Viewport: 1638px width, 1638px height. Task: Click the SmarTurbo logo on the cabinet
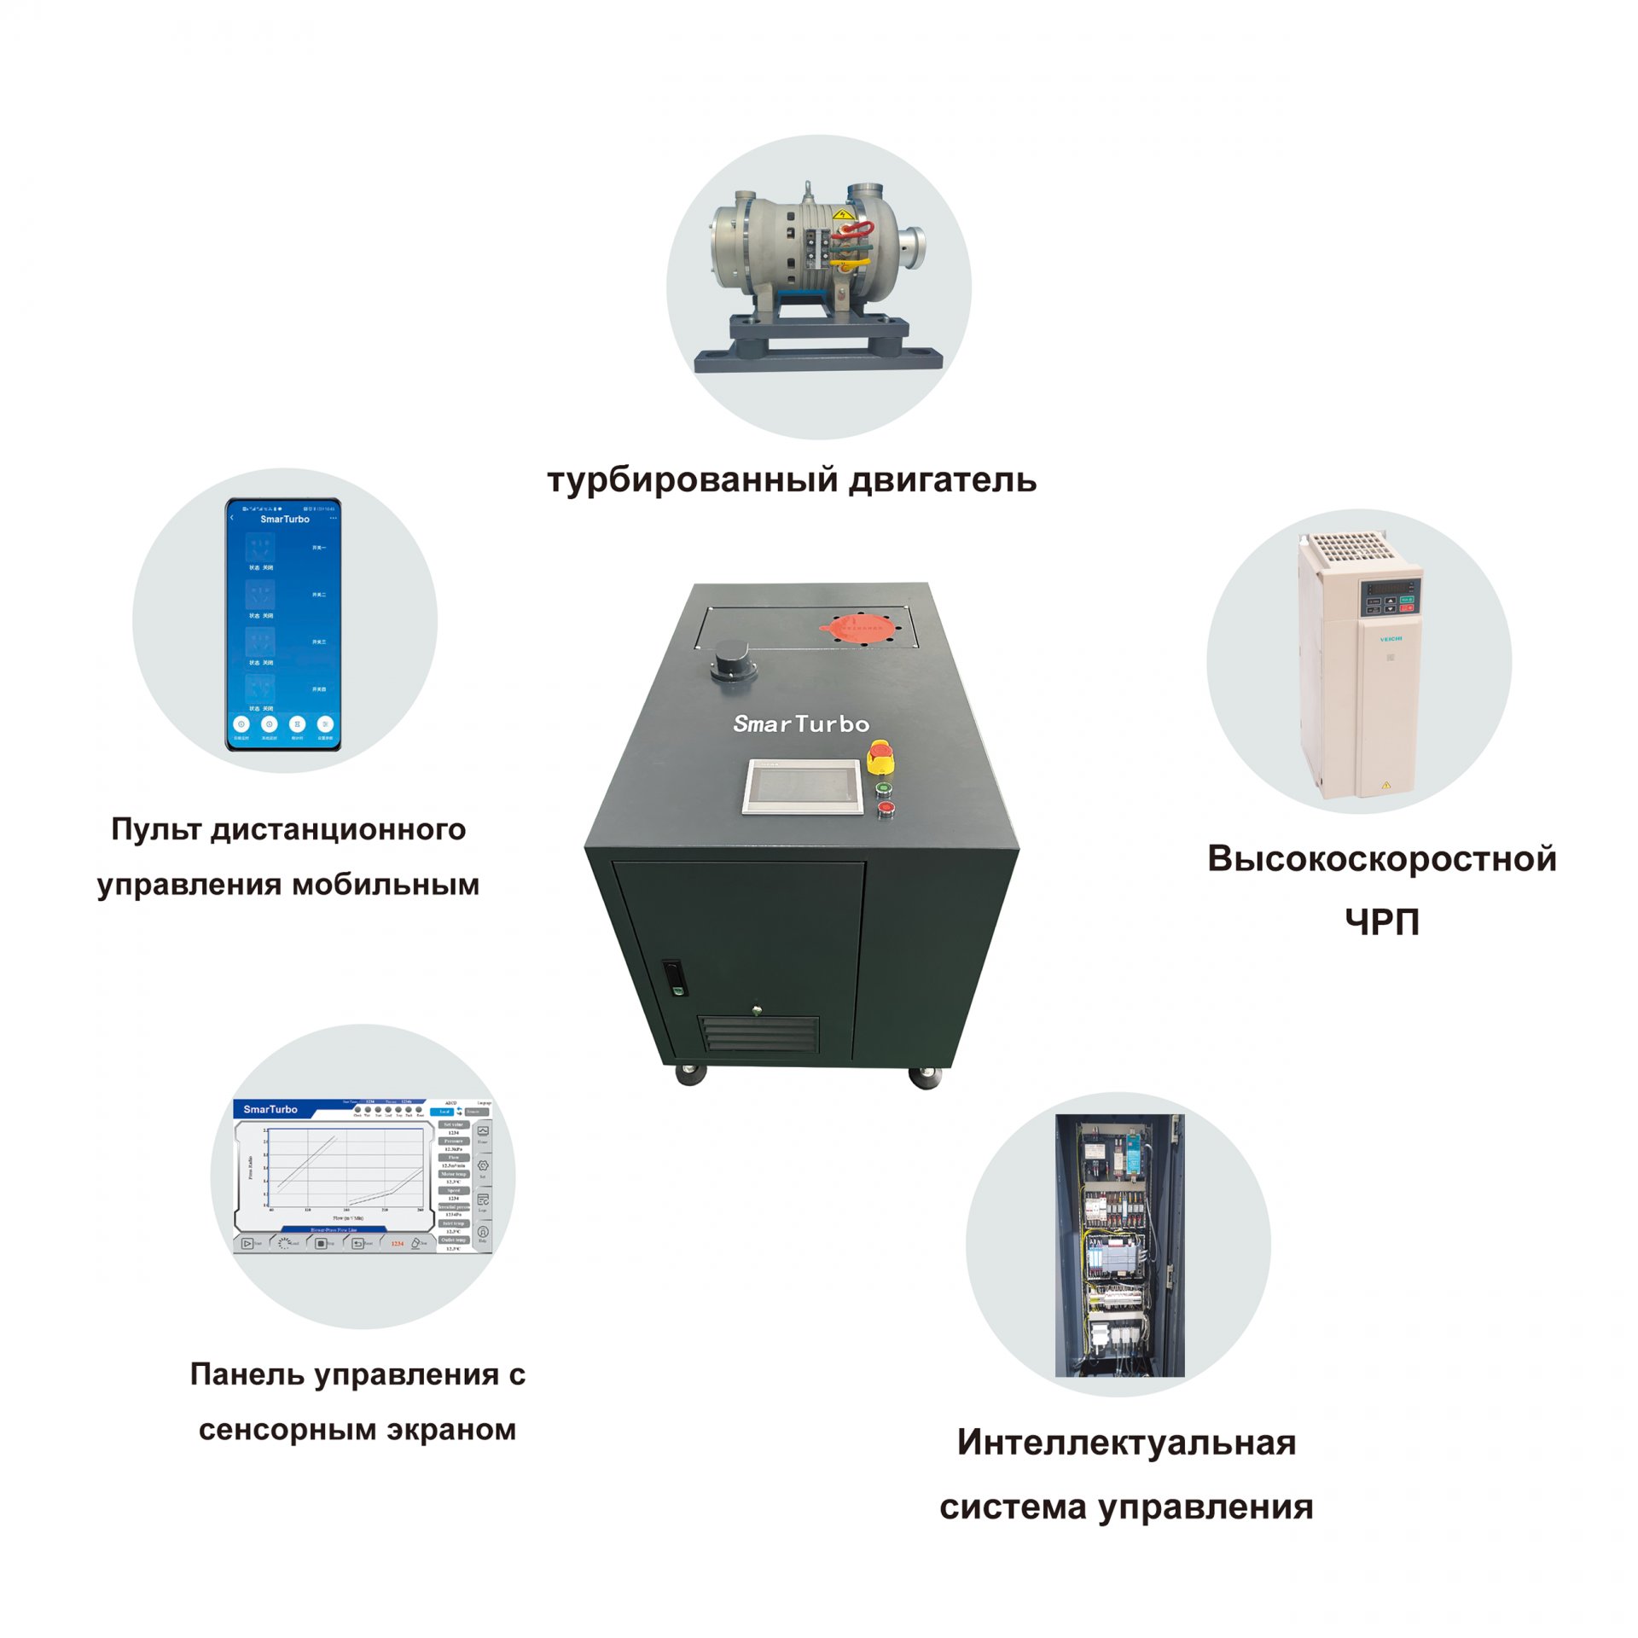[x=801, y=724]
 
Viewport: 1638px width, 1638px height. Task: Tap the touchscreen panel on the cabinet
[x=802, y=787]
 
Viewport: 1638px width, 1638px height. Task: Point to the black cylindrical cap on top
[x=732, y=660]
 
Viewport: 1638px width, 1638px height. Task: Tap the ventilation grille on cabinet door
[x=758, y=1035]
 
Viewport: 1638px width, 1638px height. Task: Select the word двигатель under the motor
[x=943, y=480]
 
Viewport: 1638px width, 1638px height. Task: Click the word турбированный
[x=693, y=480]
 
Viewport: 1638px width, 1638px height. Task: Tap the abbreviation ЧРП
[x=1381, y=922]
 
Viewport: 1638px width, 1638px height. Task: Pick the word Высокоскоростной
[x=1381, y=859]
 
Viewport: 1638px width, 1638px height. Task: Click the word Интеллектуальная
[x=1126, y=1443]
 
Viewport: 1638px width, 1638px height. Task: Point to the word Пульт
[x=156, y=829]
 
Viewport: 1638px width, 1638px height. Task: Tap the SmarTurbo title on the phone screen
[x=285, y=519]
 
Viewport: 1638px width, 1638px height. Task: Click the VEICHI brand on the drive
[x=1391, y=638]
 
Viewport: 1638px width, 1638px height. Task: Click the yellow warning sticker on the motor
[x=844, y=215]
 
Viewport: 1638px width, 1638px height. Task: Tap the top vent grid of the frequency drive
[x=1350, y=546]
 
